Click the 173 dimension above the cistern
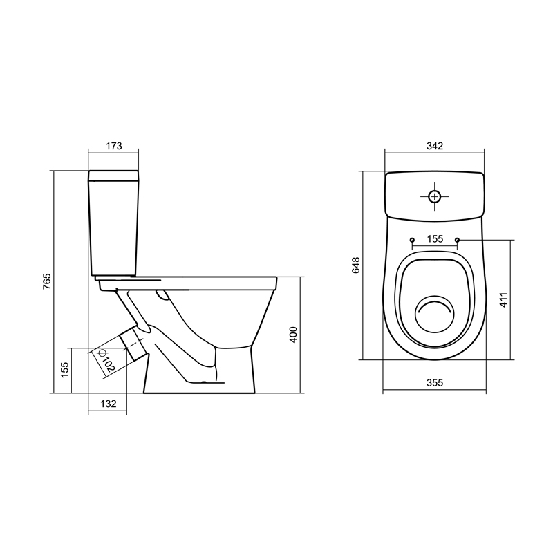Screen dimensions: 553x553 coord(114,146)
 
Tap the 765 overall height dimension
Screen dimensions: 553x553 coord(46,281)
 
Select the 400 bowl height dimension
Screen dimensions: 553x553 coord(293,335)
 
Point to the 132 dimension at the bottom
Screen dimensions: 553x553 coord(109,404)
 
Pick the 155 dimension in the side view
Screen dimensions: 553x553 coord(65,370)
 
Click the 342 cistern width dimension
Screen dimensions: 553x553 coord(435,146)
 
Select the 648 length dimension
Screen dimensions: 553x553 coord(356,265)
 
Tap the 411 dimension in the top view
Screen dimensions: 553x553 coord(504,300)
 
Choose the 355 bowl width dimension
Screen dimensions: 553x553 coord(435,383)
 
